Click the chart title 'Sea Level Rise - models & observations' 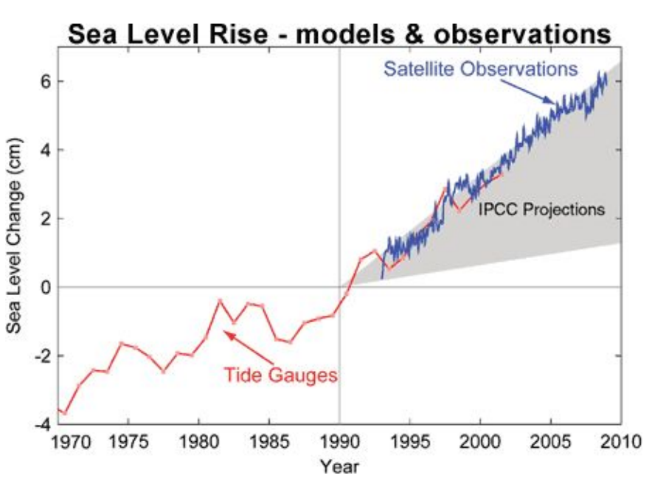pyautogui.click(x=340, y=34)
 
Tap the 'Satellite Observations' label pyautogui.click(x=479, y=70)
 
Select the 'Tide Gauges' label pyautogui.click(x=280, y=375)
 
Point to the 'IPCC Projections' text pyautogui.click(x=541, y=209)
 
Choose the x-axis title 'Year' pyautogui.click(x=339, y=466)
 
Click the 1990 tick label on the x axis pyautogui.click(x=339, y=443)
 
